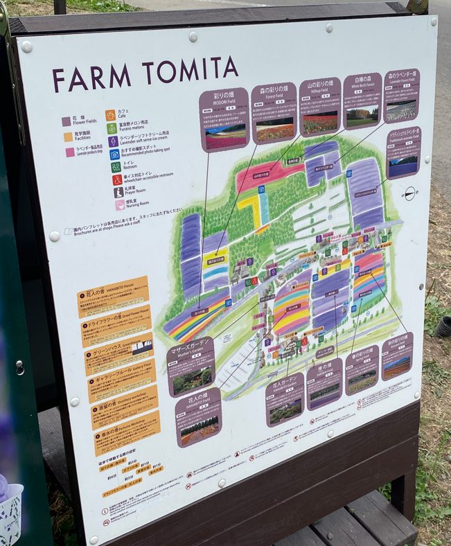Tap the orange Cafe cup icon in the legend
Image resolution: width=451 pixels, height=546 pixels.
pyautogui.click(x=111, y=115)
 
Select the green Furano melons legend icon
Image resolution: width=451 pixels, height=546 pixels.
pyautogui.click(x=112, y=128)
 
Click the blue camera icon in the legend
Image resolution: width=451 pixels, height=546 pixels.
pyautogui.click(x=114, y=154)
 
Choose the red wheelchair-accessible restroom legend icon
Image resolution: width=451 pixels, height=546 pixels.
pyautogui.click(x=117, y=179)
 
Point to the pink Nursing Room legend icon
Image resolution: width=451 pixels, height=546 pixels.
pyautogui.click(x=120, y=205)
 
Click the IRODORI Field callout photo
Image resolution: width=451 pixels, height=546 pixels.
pyautogui.click(x=225, y=136)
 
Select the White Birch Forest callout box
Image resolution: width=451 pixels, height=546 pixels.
pyautogui.click(x=362, y=100)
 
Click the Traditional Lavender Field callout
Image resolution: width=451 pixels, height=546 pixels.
pyautogui.click(x=403, y=152)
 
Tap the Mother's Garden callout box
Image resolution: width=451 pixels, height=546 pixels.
pyautogui.click(x=191, y=366)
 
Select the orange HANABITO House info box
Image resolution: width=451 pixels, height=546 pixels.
pyautogui.click(x=113, y=297)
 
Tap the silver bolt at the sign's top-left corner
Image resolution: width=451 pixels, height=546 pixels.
pyautogui.click(x=27, y=47)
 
